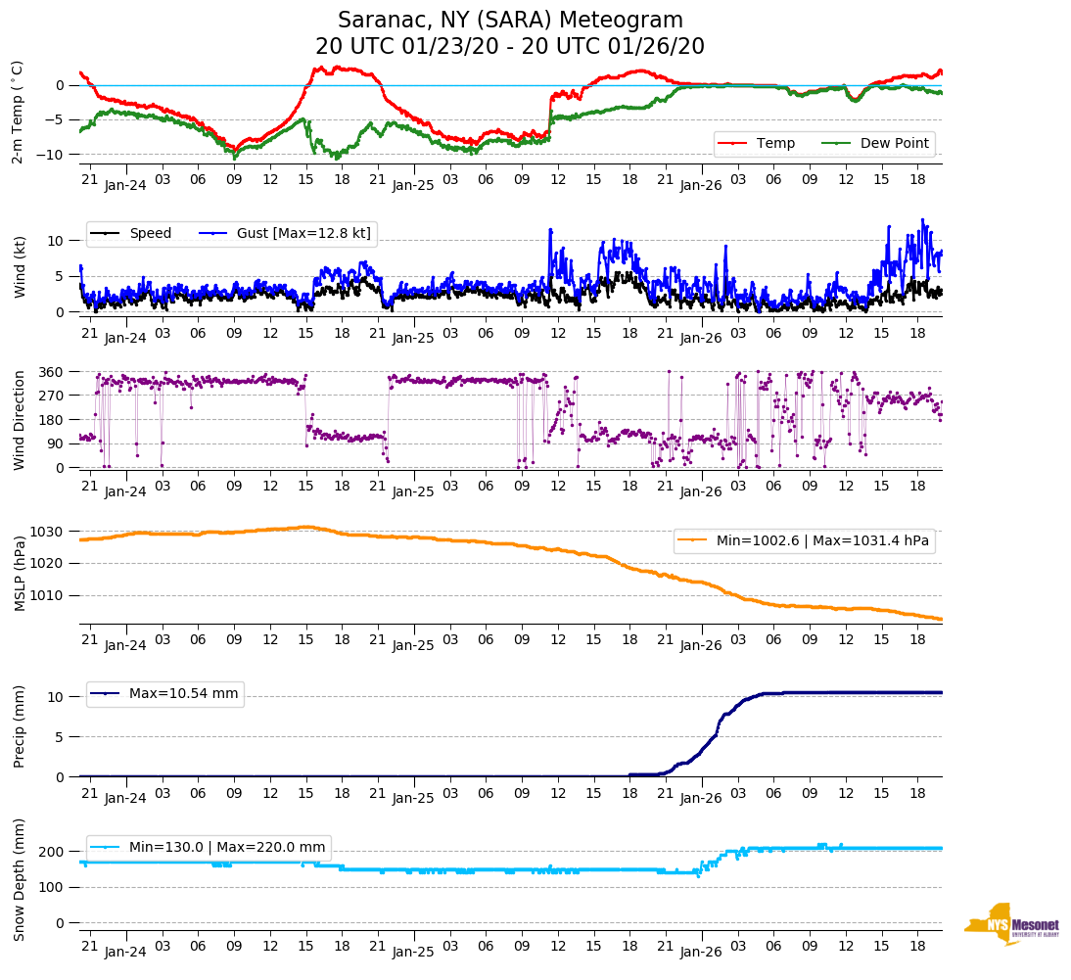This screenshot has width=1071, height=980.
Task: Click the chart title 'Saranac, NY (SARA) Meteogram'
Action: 510,21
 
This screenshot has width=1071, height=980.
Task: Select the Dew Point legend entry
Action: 895,143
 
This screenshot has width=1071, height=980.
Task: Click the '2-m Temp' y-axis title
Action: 18,111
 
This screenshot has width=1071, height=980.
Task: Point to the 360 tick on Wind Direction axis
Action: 53,372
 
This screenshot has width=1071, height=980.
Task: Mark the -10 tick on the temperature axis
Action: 53,154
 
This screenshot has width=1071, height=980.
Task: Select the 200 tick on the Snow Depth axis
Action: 53,852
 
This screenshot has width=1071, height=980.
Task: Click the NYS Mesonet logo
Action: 1010,924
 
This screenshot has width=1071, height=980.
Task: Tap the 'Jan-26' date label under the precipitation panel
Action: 701,798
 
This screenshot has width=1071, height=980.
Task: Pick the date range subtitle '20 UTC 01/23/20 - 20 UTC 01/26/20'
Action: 510,47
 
